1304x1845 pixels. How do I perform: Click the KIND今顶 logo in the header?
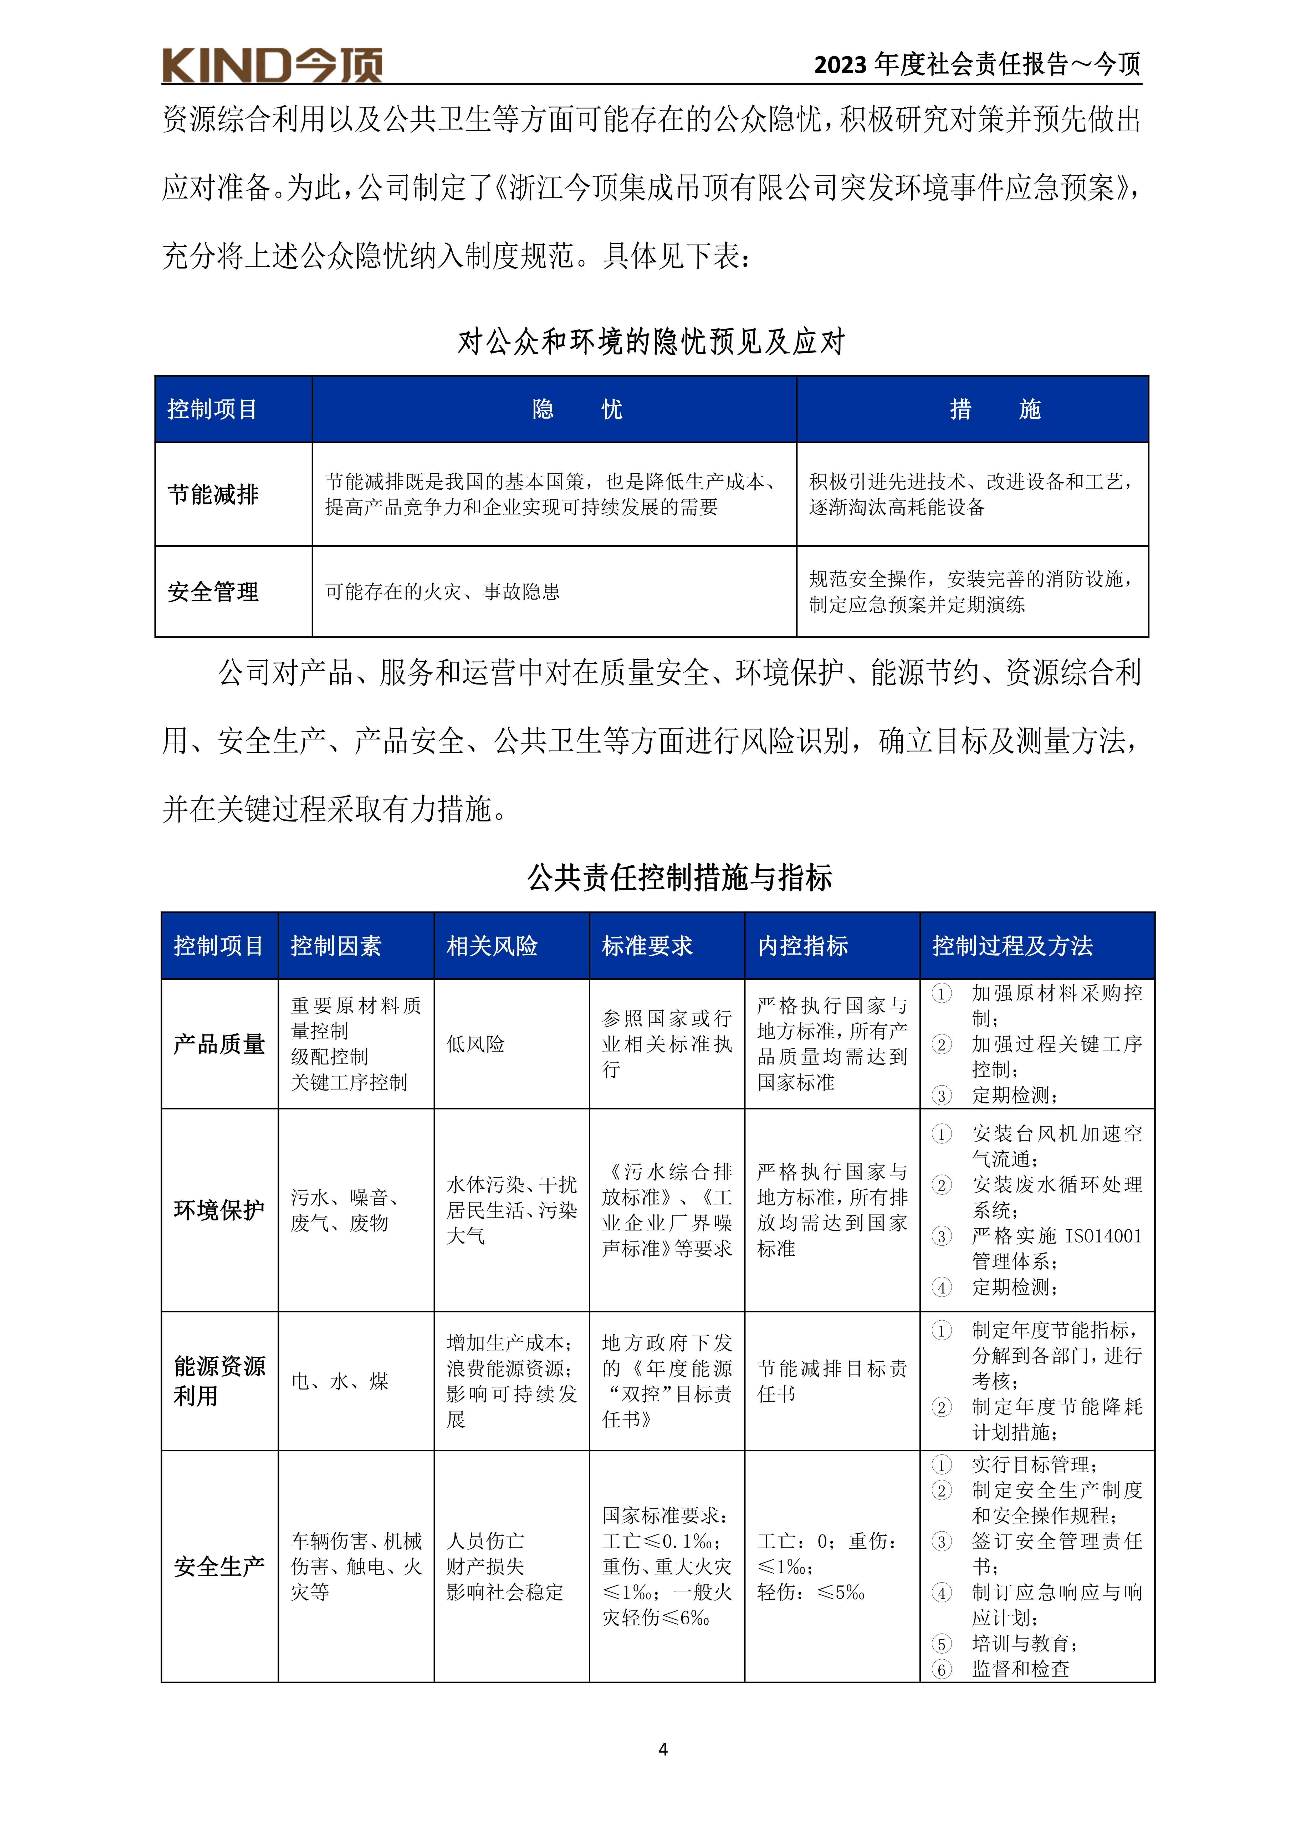(x=272, y=65)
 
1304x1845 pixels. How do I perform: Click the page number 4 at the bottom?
(x=663, y=1748)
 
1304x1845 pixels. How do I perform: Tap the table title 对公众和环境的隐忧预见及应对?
(x=652, y=342)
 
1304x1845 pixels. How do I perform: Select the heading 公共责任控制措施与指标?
(x=680, y=878)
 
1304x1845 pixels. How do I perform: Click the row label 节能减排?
(x=213, y=494)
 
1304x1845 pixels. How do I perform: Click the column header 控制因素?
(x=336, y=946)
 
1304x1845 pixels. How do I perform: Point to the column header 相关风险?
(x=492, y=946)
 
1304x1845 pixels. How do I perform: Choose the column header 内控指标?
(x=803, y=946)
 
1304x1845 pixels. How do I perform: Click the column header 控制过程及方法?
(x=1012, y=946)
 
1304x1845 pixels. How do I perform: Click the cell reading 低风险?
(x=476, y=1044)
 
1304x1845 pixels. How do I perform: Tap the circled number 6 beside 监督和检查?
(x=942, y=1669)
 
